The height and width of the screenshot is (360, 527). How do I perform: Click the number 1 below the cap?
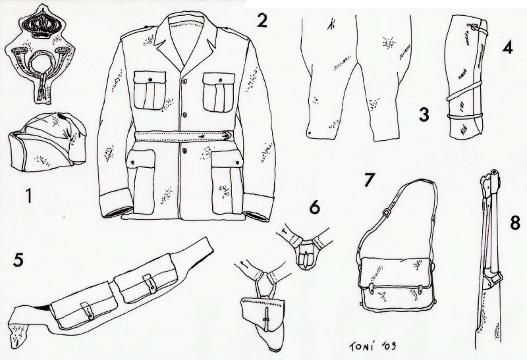coord(30,195)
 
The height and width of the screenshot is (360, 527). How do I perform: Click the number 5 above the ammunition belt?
coord(18,259)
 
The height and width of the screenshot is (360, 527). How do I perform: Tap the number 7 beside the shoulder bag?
coord(370,180)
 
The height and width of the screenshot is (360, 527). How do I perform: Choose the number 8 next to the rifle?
coord(515,222)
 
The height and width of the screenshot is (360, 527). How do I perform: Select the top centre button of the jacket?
coord(184,81)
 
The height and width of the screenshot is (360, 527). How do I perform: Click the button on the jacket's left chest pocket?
coord(150,80)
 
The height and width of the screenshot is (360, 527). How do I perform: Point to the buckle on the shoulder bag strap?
coord(387,212)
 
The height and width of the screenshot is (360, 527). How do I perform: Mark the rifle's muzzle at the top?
coord(495,172)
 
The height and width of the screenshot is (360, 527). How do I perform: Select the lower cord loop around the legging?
coord(465,116)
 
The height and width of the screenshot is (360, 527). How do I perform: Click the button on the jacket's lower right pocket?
coord(238,163)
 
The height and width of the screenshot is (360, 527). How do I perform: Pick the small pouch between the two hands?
coord(306,253)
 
